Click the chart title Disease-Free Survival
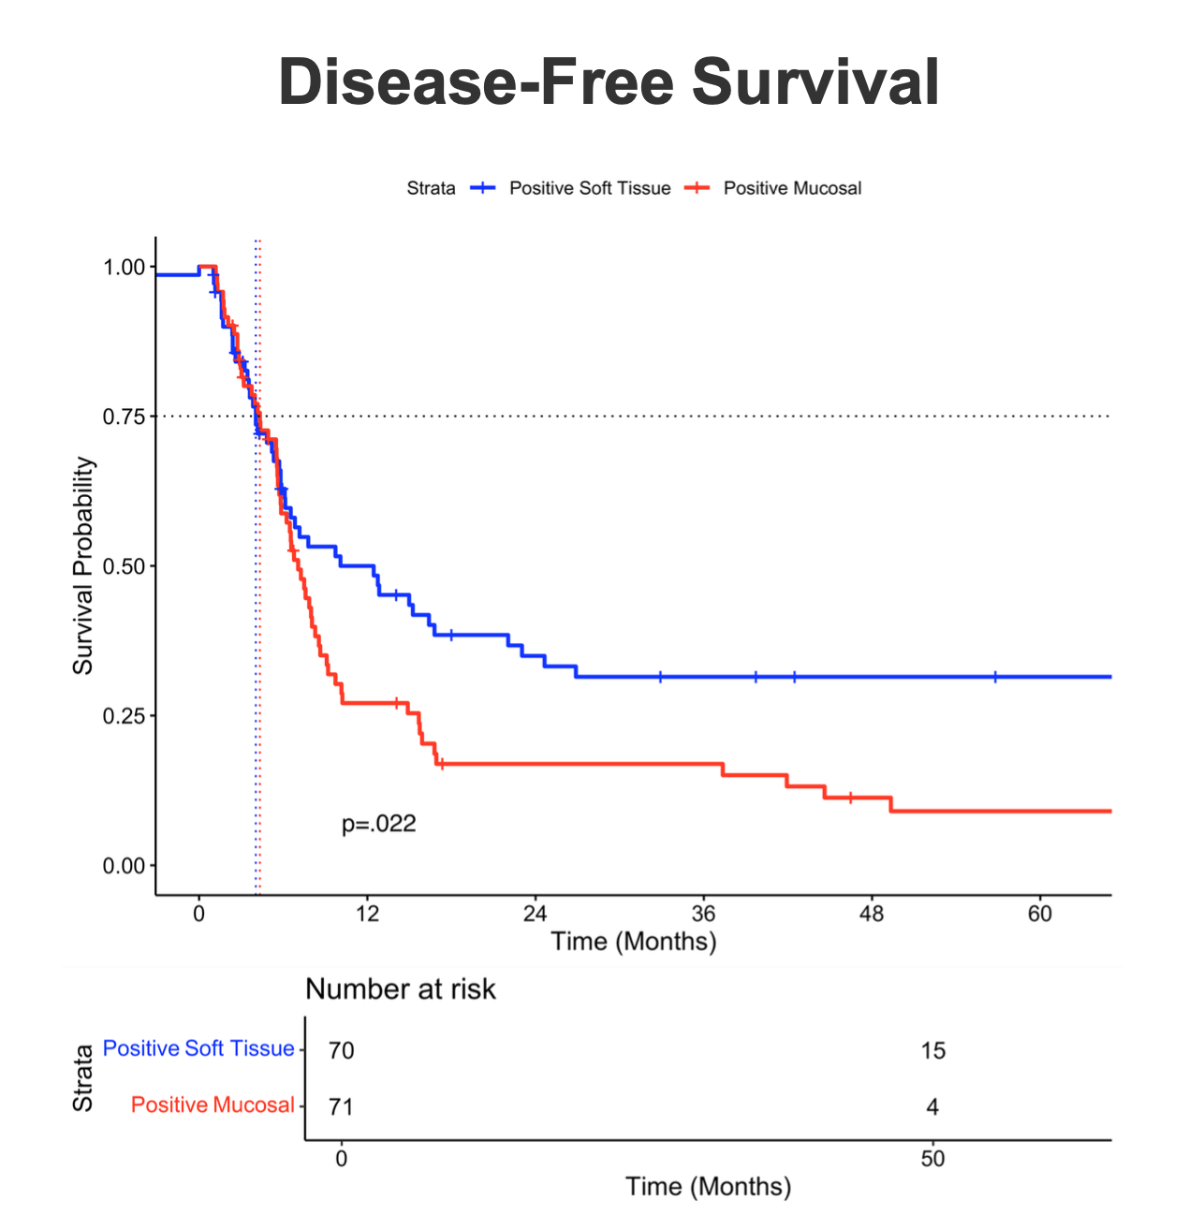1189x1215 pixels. pyautogui.click(x=609, y=82)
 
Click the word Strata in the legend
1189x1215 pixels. pyautogui.click(x=431, y=188)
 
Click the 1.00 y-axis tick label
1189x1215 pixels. pyautogui.click(x=124, y=268)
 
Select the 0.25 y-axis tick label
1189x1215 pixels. pyautogui.click(x=124, y=716)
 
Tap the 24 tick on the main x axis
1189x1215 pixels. pyautogui.click(x=535, y=914)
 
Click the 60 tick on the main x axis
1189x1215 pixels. pyautogui.click(x=1040, y=914)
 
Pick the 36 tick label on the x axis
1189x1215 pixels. pyautogui.click(x=703, y=914)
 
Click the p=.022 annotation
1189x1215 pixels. pyautogui.click(x=378, y=825)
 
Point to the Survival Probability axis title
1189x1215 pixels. pyautogui.click(x=83, y=565)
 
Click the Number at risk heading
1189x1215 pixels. pyautogui.click(x=401, y=989)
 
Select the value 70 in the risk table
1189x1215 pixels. pyautogui.click(x=342, y=1050)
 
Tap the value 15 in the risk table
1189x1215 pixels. pyautogui.click(x=932, y=1050)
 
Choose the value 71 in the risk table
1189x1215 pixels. pyautogui.click(x=342, y=1107)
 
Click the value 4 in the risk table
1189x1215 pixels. pyautogui.click(x=932, y=1107)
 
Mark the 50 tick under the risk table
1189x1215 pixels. pyautogui.click(x=932, y=1159)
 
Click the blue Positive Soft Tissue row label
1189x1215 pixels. pyautogui.click(x=198, y=1048)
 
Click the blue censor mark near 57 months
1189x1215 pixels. pyautogui.click(x=995, y=677)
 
